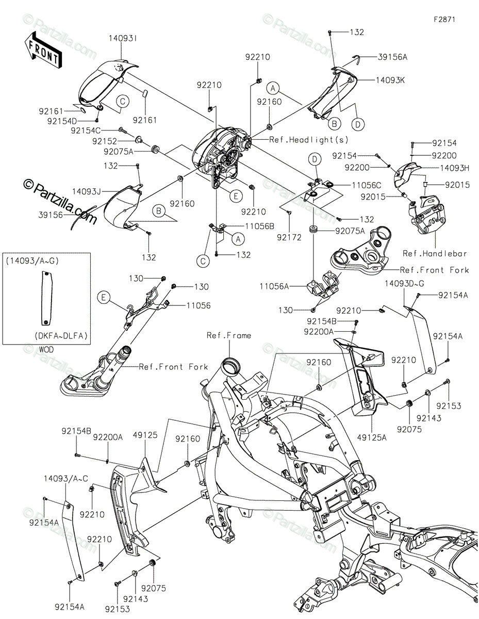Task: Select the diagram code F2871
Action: pos(444,19)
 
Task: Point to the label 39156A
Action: pos(393,57)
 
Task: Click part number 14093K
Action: pos(390,80)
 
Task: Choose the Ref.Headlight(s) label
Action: pos(309,139)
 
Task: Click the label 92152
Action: pos(105,141)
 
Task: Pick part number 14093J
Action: pos(86,191)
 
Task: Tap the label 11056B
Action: pos(259,226)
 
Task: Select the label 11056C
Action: pos(367,185)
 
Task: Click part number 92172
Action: pos(289,237)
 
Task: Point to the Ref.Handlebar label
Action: pos(435,253)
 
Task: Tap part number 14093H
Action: pos(455,168)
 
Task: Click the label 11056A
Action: pos(274,286)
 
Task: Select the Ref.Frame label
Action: pos(229,335)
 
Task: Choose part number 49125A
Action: pos(372,437)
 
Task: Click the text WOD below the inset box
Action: pos(46,349)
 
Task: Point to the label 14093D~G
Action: pos(404,283)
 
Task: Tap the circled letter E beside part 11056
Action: pos(103,298)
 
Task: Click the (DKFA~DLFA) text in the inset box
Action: pos(61,336)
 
